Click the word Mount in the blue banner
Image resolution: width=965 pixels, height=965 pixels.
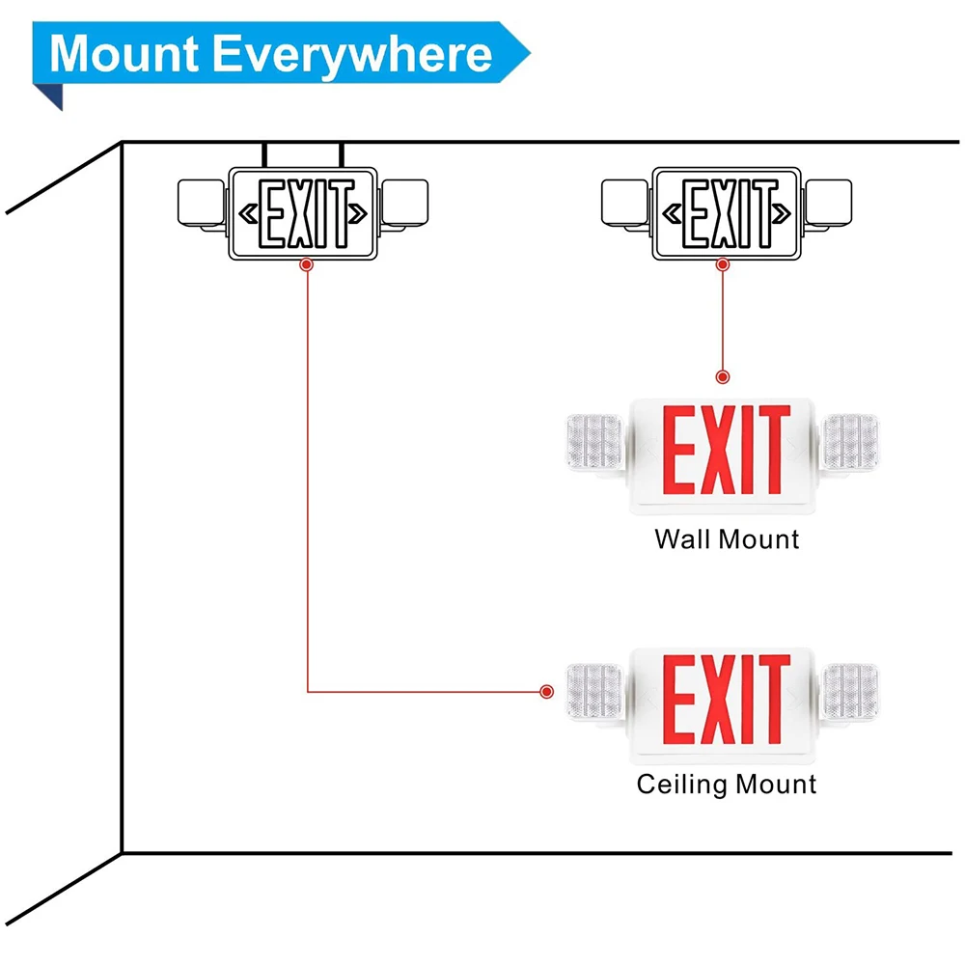pos(124,53)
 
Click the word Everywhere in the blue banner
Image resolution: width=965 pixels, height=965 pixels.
pos(352,56)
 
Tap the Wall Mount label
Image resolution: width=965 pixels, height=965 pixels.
pos(727,539)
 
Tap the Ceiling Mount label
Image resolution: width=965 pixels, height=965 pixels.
pos(727,785)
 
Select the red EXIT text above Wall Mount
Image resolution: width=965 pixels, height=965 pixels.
pos(727,450)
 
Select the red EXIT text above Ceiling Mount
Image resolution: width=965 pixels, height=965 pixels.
pos(727,699)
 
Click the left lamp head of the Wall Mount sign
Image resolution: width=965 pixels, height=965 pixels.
pos(595,443)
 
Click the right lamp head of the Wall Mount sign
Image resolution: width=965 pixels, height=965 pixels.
pos(851,442)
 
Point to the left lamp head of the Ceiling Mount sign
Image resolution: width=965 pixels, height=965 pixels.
pos(595,692)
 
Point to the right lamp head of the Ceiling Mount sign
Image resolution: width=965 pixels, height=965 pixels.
pos(851,692)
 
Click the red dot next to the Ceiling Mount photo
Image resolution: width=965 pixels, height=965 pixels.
pos(546,692)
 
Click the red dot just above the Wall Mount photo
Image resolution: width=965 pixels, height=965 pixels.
pos(723,376)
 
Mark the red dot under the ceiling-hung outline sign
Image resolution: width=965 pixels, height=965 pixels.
pos(307,264)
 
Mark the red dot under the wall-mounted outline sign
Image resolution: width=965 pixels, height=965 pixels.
pos(723,264)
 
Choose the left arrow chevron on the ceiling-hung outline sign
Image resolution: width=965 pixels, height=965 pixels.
pos(248,213)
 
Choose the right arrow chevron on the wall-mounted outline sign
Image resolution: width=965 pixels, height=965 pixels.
pos(782,213)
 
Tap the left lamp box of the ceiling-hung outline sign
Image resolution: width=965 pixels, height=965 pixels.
pos(202,203)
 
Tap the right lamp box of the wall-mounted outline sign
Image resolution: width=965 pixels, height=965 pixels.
pos(828,203)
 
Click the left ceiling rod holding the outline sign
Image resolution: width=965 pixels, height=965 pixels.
pos(264,155)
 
